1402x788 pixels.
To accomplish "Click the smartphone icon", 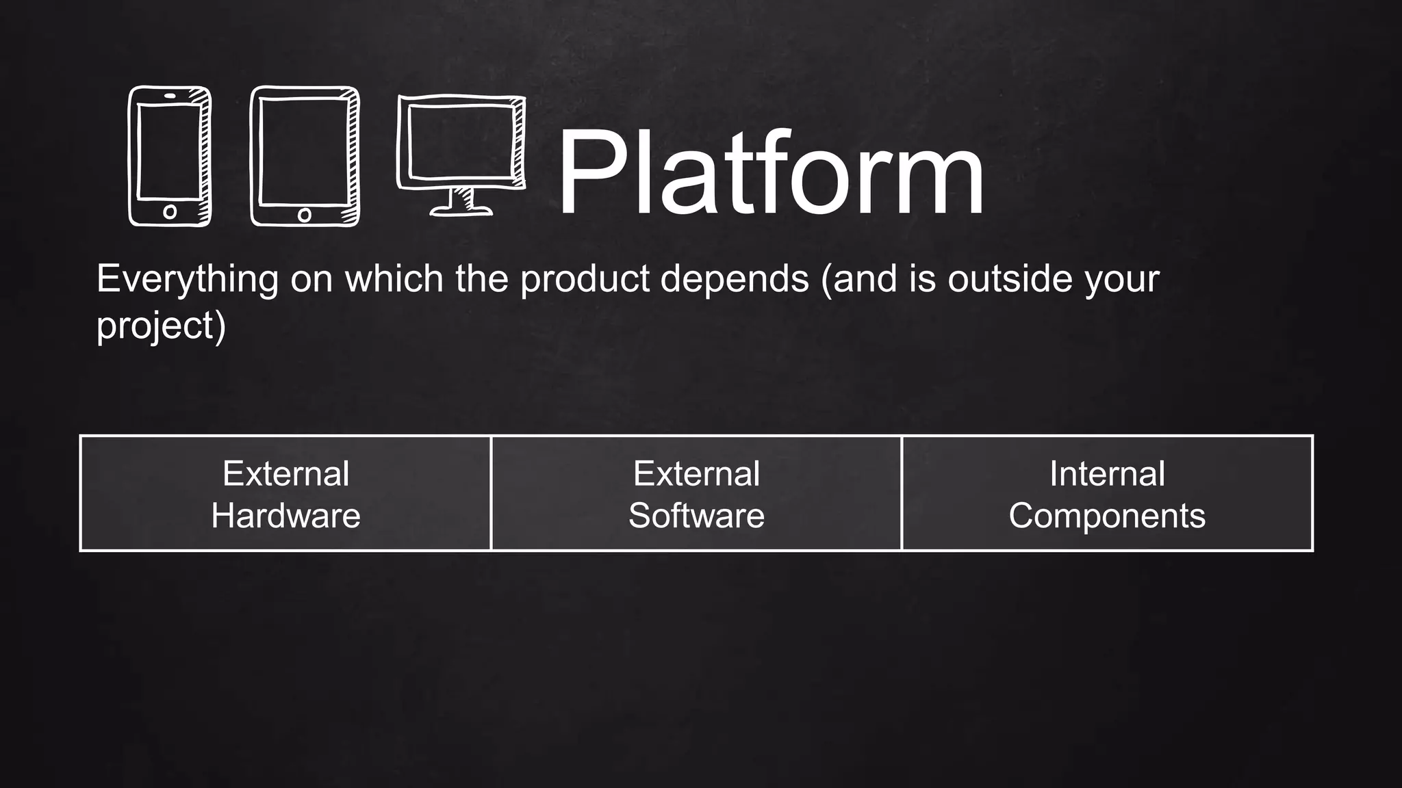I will coord(170,156).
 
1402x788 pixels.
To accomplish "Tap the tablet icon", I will coord(305,156).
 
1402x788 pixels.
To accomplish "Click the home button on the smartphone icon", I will coord(170,212).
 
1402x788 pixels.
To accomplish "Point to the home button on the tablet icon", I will coord(305,215).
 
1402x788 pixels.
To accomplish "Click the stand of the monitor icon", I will coord(461,204).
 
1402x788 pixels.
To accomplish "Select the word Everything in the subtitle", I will coord(187,279).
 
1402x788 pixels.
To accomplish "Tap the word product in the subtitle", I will coord(585,279).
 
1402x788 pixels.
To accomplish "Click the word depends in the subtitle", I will coord(735,279).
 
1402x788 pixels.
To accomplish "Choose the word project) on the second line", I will coord(161,326).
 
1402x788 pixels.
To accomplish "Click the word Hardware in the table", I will coord(285,516).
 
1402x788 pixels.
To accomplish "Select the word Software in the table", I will coord(696,516).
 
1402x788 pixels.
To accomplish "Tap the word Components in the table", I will coord(1106,516).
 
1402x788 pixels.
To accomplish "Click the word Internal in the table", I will coord(1107,473).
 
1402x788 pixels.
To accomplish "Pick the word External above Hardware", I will coord(285,473).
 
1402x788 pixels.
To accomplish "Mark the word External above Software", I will coord(696,473).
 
